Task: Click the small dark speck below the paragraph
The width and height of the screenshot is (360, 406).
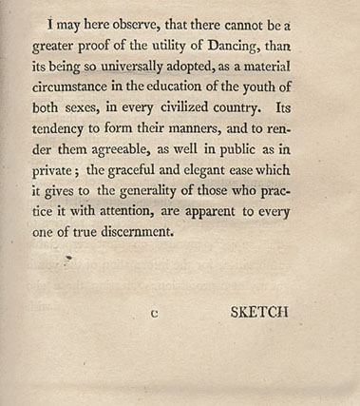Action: click(69, 256)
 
